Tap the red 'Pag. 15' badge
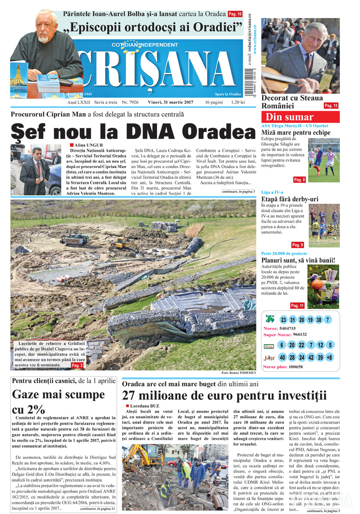pos(331,106)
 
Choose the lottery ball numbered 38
pos(318,320)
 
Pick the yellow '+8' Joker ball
pos(329,357)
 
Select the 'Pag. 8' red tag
pos(299,180)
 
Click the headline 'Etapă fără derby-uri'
pos(289,199)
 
